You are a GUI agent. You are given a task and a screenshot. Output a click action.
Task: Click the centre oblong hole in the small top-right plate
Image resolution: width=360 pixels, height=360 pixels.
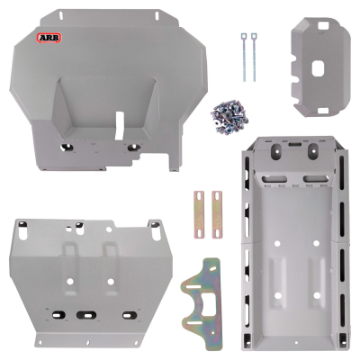pyautogui.click(x=319, y=66)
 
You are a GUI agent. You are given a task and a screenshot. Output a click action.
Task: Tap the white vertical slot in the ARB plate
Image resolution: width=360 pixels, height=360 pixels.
pyautogui.click(x=121, y=125)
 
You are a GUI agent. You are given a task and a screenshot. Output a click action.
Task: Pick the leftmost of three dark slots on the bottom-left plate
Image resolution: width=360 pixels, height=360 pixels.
pyautogui.click(x=57, y=314)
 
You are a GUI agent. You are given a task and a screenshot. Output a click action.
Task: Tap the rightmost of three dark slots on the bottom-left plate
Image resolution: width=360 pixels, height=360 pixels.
pyautogui.click(x=127, y=315)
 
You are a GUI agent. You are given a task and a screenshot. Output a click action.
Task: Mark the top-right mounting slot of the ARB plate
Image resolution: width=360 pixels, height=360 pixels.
pyautogui.click(x=160, y=16)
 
